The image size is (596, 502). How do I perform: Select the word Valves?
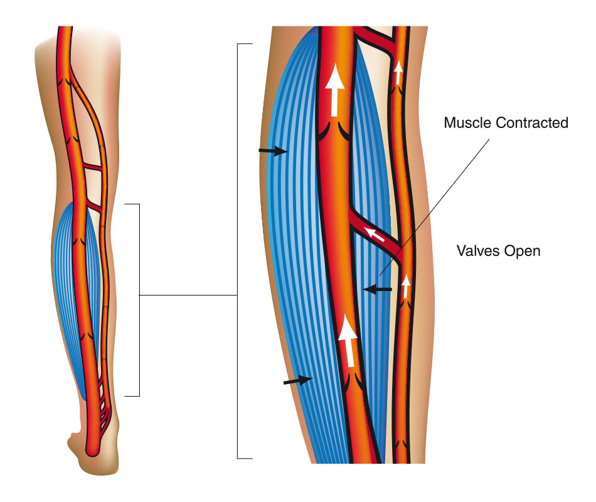(x=479, y=251)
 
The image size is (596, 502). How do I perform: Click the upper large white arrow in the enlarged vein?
(x=334, y=90)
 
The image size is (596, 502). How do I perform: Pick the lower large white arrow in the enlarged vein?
(x=349, y=341)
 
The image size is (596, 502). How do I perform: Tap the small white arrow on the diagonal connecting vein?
(x=375, y=234)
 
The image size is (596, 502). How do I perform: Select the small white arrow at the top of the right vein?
(x=398, y=73)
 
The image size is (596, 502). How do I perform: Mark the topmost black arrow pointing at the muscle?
(x=273, y=151)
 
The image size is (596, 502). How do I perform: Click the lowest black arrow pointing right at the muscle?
(x=299, y=380)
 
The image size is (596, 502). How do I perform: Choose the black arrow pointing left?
(x=377, y=289)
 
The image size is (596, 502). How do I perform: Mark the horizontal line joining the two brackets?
(x=188, y=295)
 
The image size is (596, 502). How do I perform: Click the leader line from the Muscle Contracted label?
(x=435, y=207)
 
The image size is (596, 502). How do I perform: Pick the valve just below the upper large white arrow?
(x=334, y=131)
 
